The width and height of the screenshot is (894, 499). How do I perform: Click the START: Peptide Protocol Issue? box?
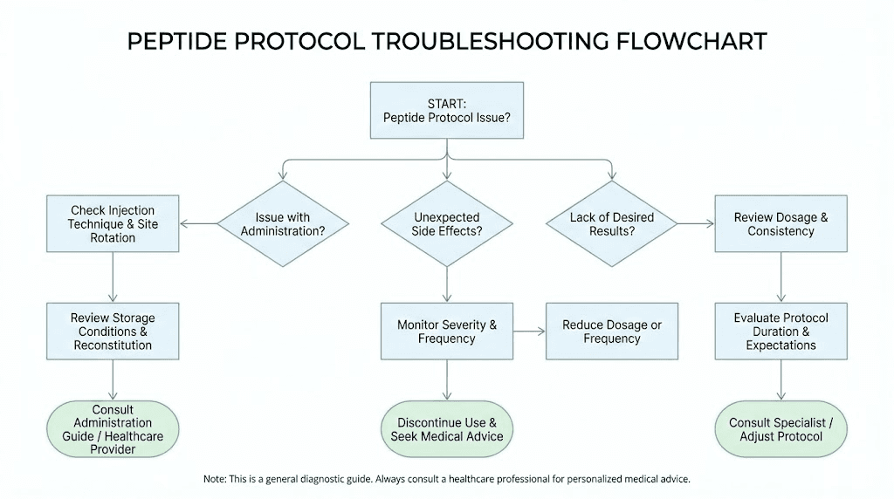(x=447, y=110)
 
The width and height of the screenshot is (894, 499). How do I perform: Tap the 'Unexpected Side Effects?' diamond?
(x=447, y=224)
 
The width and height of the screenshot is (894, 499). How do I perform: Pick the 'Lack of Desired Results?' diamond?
(x=611, y=224)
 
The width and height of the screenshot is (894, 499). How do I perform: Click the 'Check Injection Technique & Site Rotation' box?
(x=113, y=224)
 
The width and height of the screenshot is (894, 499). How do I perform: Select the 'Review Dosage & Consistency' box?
(x=781, y=224)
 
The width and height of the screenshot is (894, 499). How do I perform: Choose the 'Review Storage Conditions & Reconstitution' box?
(x=113, y=332)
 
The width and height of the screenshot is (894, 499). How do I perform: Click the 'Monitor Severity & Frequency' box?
(x=447, y=332)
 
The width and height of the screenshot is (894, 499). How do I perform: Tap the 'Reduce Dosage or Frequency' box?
(x=611, y=332)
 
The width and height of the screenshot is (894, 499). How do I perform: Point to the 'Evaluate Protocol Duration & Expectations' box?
(x=781, y=332)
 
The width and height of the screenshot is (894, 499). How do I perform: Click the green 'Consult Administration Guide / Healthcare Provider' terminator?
(x=113, y=429)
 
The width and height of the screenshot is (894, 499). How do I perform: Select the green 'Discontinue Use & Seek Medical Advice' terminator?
(x=447, y=429)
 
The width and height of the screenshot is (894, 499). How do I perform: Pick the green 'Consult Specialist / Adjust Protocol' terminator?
(x=781, y=429)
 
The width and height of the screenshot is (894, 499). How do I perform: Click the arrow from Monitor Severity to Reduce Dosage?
(x=529, y=332)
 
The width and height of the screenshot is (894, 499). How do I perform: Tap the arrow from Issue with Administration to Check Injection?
(x=199, y=224)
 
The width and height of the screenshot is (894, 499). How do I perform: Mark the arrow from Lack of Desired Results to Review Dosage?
(x=696, y=224)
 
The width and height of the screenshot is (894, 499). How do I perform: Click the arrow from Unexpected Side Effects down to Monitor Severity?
(x=447, y=285)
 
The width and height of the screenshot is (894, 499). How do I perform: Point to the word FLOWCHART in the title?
(x=693, y=41)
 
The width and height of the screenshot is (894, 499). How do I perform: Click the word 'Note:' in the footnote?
(x=215, y=479)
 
